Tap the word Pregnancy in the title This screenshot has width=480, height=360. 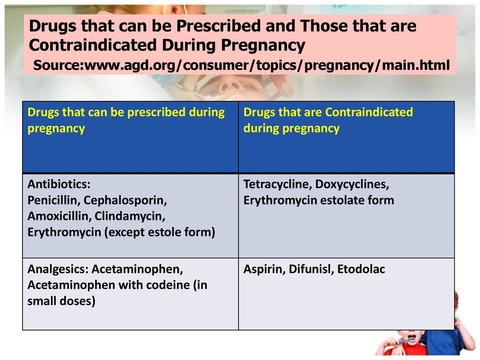click(x=263, y=45)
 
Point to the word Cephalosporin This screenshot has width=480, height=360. click(x=125, y=201)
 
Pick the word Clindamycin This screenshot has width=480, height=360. click(x=130, y=217)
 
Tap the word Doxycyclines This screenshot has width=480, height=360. click(x=352, y=184)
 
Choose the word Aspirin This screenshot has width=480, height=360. click(x=264, y=269)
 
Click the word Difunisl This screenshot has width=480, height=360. click(x=311, y=269)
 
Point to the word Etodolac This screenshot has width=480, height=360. click(x=361, y=269)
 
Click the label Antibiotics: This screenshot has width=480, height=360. click(x=59, y=184)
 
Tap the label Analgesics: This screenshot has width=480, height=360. click(x=58, y=270)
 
